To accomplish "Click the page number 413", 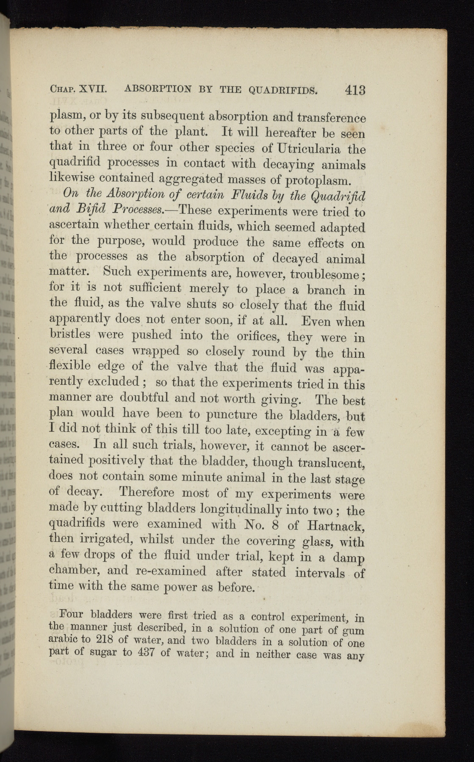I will pyautogui.click(x=355, y=90).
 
